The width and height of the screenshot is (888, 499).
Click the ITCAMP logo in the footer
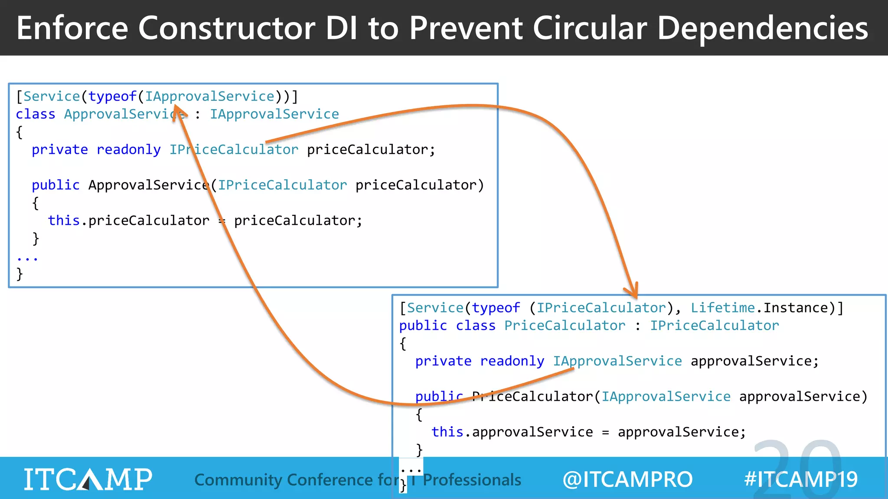coord(88,479)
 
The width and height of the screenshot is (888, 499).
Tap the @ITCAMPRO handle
coord(627,480)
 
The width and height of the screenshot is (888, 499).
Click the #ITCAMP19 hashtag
coord(800,480)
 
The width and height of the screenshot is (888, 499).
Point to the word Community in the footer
coord(238,480)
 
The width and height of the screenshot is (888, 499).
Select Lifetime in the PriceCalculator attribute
coord(722,308)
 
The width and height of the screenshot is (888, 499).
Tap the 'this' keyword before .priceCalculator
coord(64,220)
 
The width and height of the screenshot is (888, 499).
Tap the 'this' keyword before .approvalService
coord(447,432)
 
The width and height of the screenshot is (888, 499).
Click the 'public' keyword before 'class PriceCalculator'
coord(423,325)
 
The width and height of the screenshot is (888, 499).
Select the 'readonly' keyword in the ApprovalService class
coord(128,149)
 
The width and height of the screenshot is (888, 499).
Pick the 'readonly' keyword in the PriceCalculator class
coord(512,361)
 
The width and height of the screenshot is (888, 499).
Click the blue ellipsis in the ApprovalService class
coord(27,259)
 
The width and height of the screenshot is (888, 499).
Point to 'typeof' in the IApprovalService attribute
coord(112,96)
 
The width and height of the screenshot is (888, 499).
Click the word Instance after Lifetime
coord(796,308)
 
